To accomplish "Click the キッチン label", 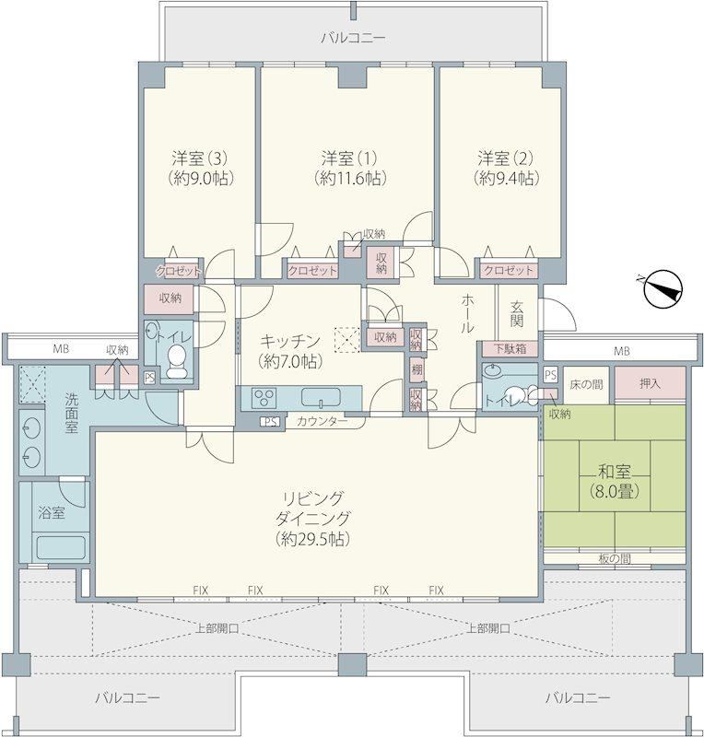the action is click(x=290, y=340).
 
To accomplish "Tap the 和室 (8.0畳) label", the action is click(x=615, y=480).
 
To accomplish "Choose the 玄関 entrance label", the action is click(x=516, y=313).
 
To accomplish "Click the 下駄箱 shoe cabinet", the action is click(x=510, y=349).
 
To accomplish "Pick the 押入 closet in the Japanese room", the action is click(x=650, y=383).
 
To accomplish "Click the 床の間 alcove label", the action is click(x=586, y=384).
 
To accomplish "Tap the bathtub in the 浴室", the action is click(x=63, y=546).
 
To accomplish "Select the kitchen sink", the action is click(x=321, y=398).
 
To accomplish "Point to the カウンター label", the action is click(x=322, y=421).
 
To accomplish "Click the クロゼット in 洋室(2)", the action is click(x=509, y=270).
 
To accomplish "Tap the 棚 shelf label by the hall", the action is click(x=417, y=370).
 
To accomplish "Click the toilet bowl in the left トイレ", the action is click(x=176, y=361).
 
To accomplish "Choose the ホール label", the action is click(x=467, y=313).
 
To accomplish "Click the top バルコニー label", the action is click(x=353, y=38).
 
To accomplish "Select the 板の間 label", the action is click(x=615, y=558).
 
